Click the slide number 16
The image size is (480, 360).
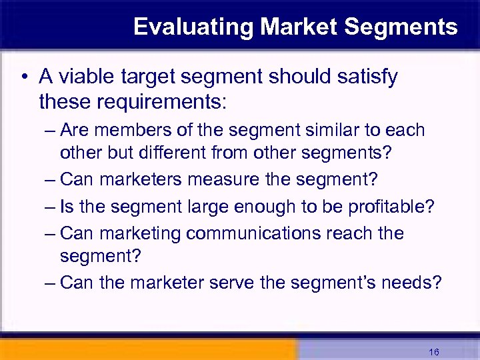[x=434, y=351]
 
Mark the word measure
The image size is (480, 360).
[x=218, y=179]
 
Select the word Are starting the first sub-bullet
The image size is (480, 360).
[x=75, y=130]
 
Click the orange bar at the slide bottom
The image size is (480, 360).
[x=147, y=350]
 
